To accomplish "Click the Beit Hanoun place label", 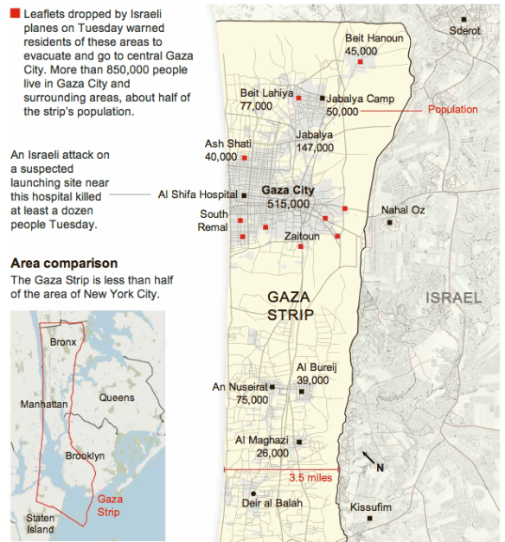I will pyautogui.click(x=374, y=39).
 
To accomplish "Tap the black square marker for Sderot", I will pyautogui.click(x=463, y=19).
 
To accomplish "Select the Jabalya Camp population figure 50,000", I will pyautogui.click(x=342, y=112).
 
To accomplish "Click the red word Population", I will pyautogui.click(x=452, y=110).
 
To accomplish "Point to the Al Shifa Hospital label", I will pyautogui.click(x=197, y=194).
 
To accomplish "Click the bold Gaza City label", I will pyautogui.click(x=288, y=190).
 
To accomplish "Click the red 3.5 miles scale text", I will pyautogui.click(x=310, y=477).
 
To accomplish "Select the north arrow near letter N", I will pyautogui.click(x=367, y=457).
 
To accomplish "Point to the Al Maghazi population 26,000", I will pyautogui.click(x=272, y=453).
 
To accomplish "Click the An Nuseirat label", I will pyautogui.click(x=240, y=387).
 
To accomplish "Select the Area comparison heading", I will pyautogui.click(x=64, y=264).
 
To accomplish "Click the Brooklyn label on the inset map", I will pyautogui.click(x=85, y=456).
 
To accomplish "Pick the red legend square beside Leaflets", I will pyautogui.click(x=16, y=15).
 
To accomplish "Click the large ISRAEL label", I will pyautogui.click(x=452, y=298).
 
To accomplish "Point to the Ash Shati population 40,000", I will pyautogui.click(x=221, y=156).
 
